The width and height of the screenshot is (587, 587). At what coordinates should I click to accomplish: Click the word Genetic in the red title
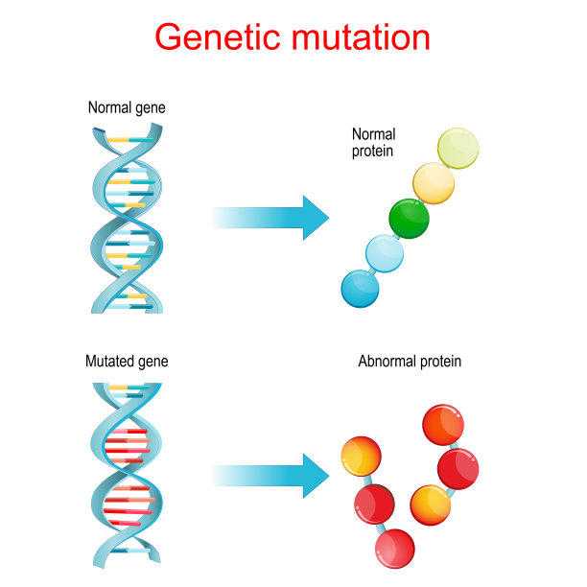tap(218, 36)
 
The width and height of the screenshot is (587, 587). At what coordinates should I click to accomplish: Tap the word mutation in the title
tap(361, 36)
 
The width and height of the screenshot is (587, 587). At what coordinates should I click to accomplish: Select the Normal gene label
tap(127, 107)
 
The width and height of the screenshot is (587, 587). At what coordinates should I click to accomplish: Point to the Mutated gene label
tap(127, 362)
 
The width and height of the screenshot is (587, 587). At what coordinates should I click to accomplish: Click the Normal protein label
tap(373, 143)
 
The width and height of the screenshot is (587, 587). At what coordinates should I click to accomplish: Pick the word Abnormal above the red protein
tap(387, 361)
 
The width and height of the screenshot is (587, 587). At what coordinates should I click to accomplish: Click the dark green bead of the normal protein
tap(409, 219)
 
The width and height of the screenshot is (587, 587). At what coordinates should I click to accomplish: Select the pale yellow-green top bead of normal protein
tap(458, 149)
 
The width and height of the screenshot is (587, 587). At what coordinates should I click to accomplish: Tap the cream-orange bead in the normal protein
tap(434, 183)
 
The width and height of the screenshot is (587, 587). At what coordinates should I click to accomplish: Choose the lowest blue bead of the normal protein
tap(360, 289)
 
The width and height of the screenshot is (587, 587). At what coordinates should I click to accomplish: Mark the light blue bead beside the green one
tap(385, 253)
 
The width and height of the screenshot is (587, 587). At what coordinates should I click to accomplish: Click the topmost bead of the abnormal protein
tap(443, 425)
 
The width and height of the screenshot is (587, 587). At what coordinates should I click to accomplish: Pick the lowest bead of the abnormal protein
tap(394, 549)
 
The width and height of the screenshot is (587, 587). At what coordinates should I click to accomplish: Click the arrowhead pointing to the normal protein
tap(316, 218)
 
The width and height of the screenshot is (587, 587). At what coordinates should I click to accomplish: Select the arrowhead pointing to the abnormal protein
tap(316, 476)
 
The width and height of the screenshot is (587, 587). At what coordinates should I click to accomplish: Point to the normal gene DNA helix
tap(127, 218)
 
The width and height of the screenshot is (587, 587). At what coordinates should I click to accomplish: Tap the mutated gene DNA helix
tap(127, 476)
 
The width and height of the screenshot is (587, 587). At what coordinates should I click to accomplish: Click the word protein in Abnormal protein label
tap(440, 362)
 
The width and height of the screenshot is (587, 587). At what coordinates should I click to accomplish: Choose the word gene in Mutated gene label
tap(153, 363)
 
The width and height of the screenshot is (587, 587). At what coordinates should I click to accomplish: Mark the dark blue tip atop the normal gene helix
tap(99, 130)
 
